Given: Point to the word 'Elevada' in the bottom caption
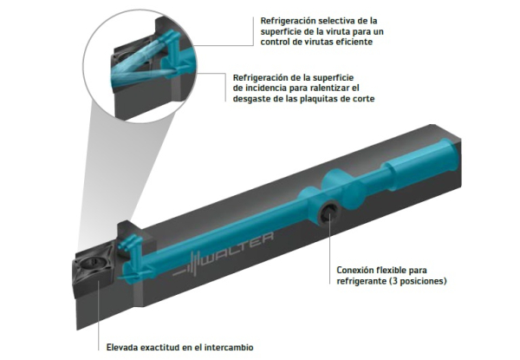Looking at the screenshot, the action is click(x=122, y=347).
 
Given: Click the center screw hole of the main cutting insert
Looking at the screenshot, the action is click(x=90, y=263).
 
